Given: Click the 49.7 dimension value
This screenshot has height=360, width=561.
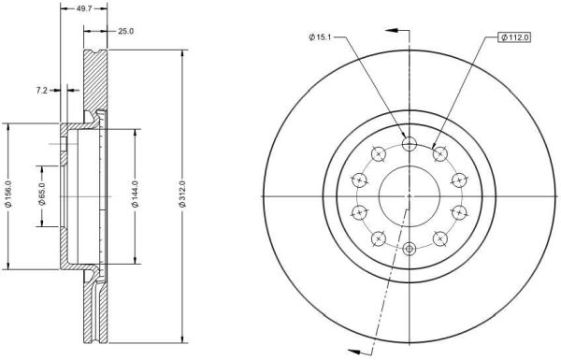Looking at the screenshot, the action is click(84, 9).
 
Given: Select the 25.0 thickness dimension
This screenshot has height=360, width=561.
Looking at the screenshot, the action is click(125, 31).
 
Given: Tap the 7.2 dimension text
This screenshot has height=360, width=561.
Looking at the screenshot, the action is click(41, 91).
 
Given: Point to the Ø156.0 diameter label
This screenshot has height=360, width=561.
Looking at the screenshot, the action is click(9, 194).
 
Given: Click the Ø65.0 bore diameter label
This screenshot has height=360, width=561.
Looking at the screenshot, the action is click(42, 194).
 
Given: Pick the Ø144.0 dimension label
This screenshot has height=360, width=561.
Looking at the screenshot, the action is click(135, 194).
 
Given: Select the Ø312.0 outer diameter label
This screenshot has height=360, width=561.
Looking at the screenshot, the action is click(182, 194).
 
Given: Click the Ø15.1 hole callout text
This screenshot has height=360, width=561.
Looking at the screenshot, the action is click(320, 36).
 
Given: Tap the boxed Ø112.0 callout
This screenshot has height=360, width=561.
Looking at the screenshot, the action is click(515, 37).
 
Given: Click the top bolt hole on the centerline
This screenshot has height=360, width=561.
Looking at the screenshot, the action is click(410, 144).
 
